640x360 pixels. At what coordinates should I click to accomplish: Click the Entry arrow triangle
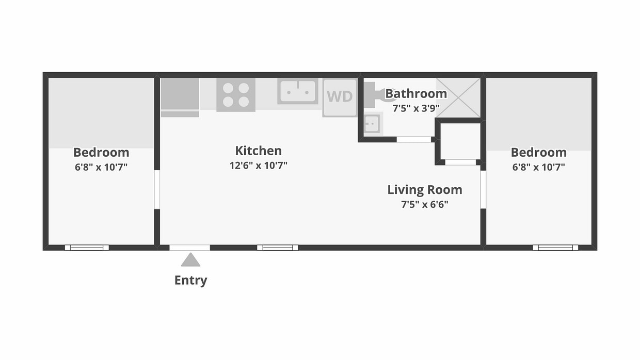tap(190, 260)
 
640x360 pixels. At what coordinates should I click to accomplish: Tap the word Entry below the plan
tap(190, 281)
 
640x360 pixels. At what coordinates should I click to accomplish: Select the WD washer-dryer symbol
tap(340, 97)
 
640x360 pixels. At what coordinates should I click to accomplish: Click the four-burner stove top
tap(236, 94)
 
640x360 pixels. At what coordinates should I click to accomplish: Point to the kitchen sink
tap(298, 91)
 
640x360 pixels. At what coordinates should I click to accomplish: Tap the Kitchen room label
tap(258, 151)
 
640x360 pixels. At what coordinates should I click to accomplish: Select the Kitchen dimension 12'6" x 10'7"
tap(258, 166)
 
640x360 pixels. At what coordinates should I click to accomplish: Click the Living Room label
tap(425, 190)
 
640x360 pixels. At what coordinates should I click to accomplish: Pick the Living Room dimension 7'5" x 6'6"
tap(425, 204)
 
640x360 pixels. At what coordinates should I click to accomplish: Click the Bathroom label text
tap(416, 94)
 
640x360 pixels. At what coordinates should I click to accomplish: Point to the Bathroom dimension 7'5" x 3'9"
tap(416, 109)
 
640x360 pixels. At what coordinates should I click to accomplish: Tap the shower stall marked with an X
tap(458, 97)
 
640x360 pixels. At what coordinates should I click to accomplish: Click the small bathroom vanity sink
tap(372, 124)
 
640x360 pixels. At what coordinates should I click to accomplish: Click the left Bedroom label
tap(101, 153)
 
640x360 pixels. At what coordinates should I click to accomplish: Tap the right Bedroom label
tap(538, 153)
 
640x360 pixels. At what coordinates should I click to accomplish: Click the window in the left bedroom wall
tap(87, 248)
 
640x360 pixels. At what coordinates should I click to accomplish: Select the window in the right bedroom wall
tap(555, 248)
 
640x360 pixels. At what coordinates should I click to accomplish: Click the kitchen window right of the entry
tap(278, 248)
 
